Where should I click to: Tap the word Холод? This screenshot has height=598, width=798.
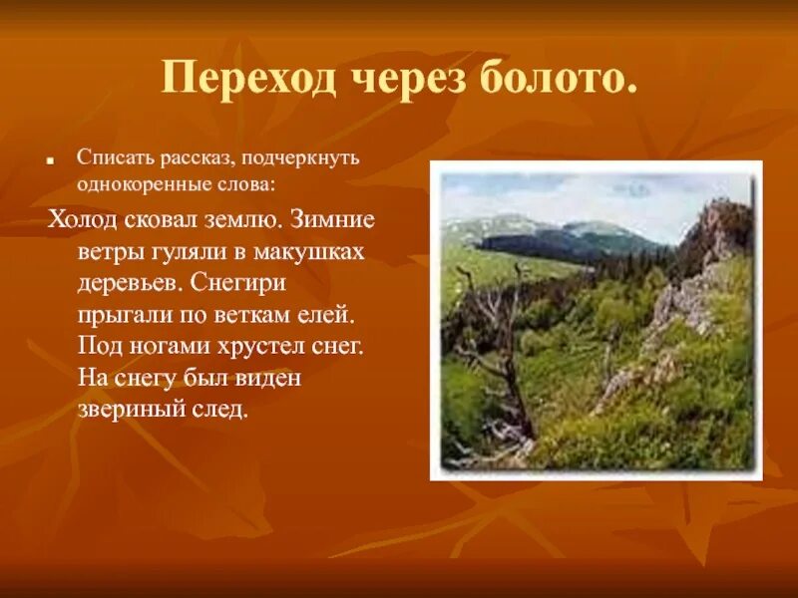pyautogui.click(x=83, y=218)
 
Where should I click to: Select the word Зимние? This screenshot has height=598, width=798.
pyautogui.click(x=328, y=218)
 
